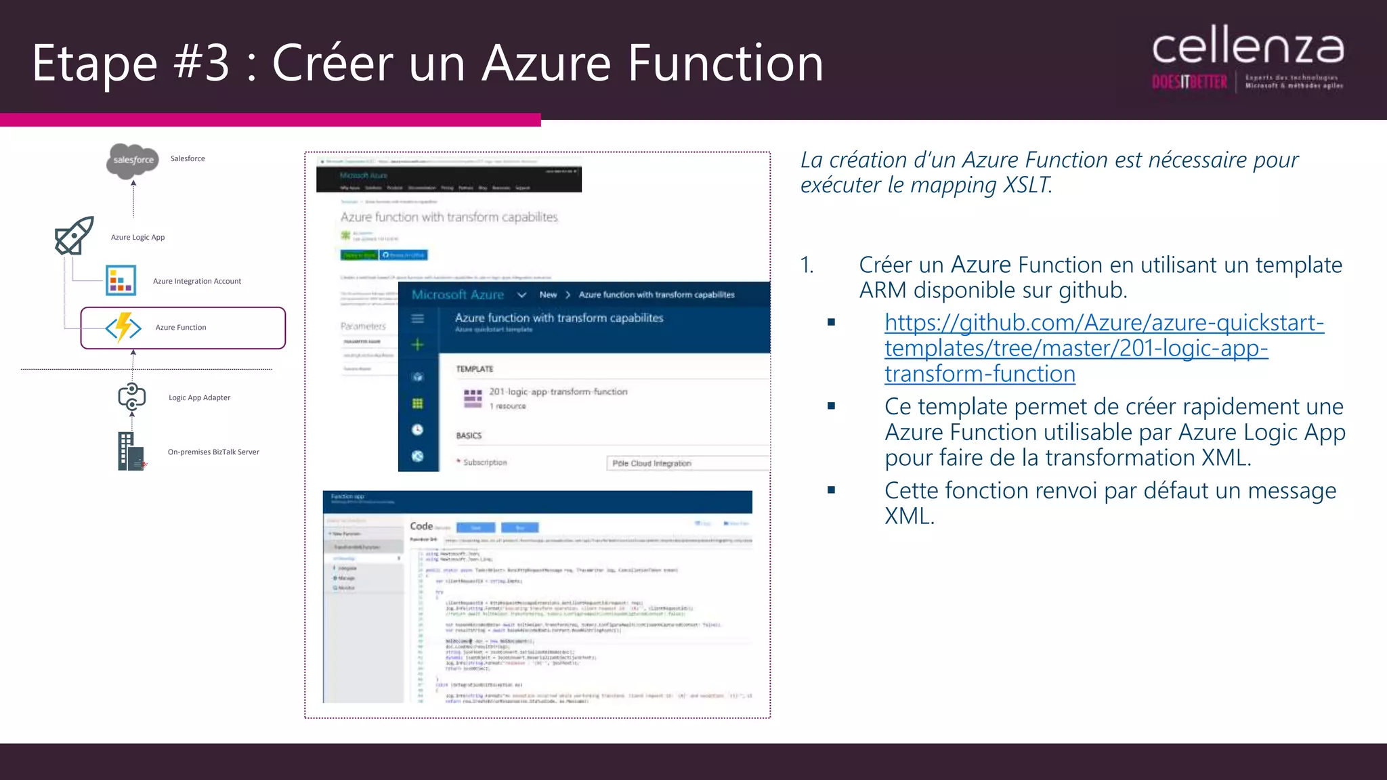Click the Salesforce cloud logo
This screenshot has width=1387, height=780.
coord(133,160)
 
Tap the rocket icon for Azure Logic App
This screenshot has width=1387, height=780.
coord(74,236)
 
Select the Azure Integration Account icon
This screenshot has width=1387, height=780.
coord(121,280)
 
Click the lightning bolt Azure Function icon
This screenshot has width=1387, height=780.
coord(123,328)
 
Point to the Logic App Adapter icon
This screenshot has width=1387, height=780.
coord(131,397)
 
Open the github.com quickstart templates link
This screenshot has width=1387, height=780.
coord(1103,348)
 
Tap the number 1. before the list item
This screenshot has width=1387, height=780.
coord(807,265)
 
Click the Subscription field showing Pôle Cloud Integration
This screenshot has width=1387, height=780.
coord(687,463)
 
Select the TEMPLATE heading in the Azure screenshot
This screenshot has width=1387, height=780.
coord(475,369)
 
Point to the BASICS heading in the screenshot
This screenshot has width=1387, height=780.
coord(469,435)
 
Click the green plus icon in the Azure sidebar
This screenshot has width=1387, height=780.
coord(418,345)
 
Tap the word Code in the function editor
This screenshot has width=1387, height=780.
coord(421,526)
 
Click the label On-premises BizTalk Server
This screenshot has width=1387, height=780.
coord(213,452)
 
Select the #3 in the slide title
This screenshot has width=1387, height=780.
coord(202,63)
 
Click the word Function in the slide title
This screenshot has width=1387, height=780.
coord(725,63)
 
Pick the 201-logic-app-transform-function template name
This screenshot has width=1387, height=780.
coord(558,392)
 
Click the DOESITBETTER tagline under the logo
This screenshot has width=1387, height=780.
coord(1189,83)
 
